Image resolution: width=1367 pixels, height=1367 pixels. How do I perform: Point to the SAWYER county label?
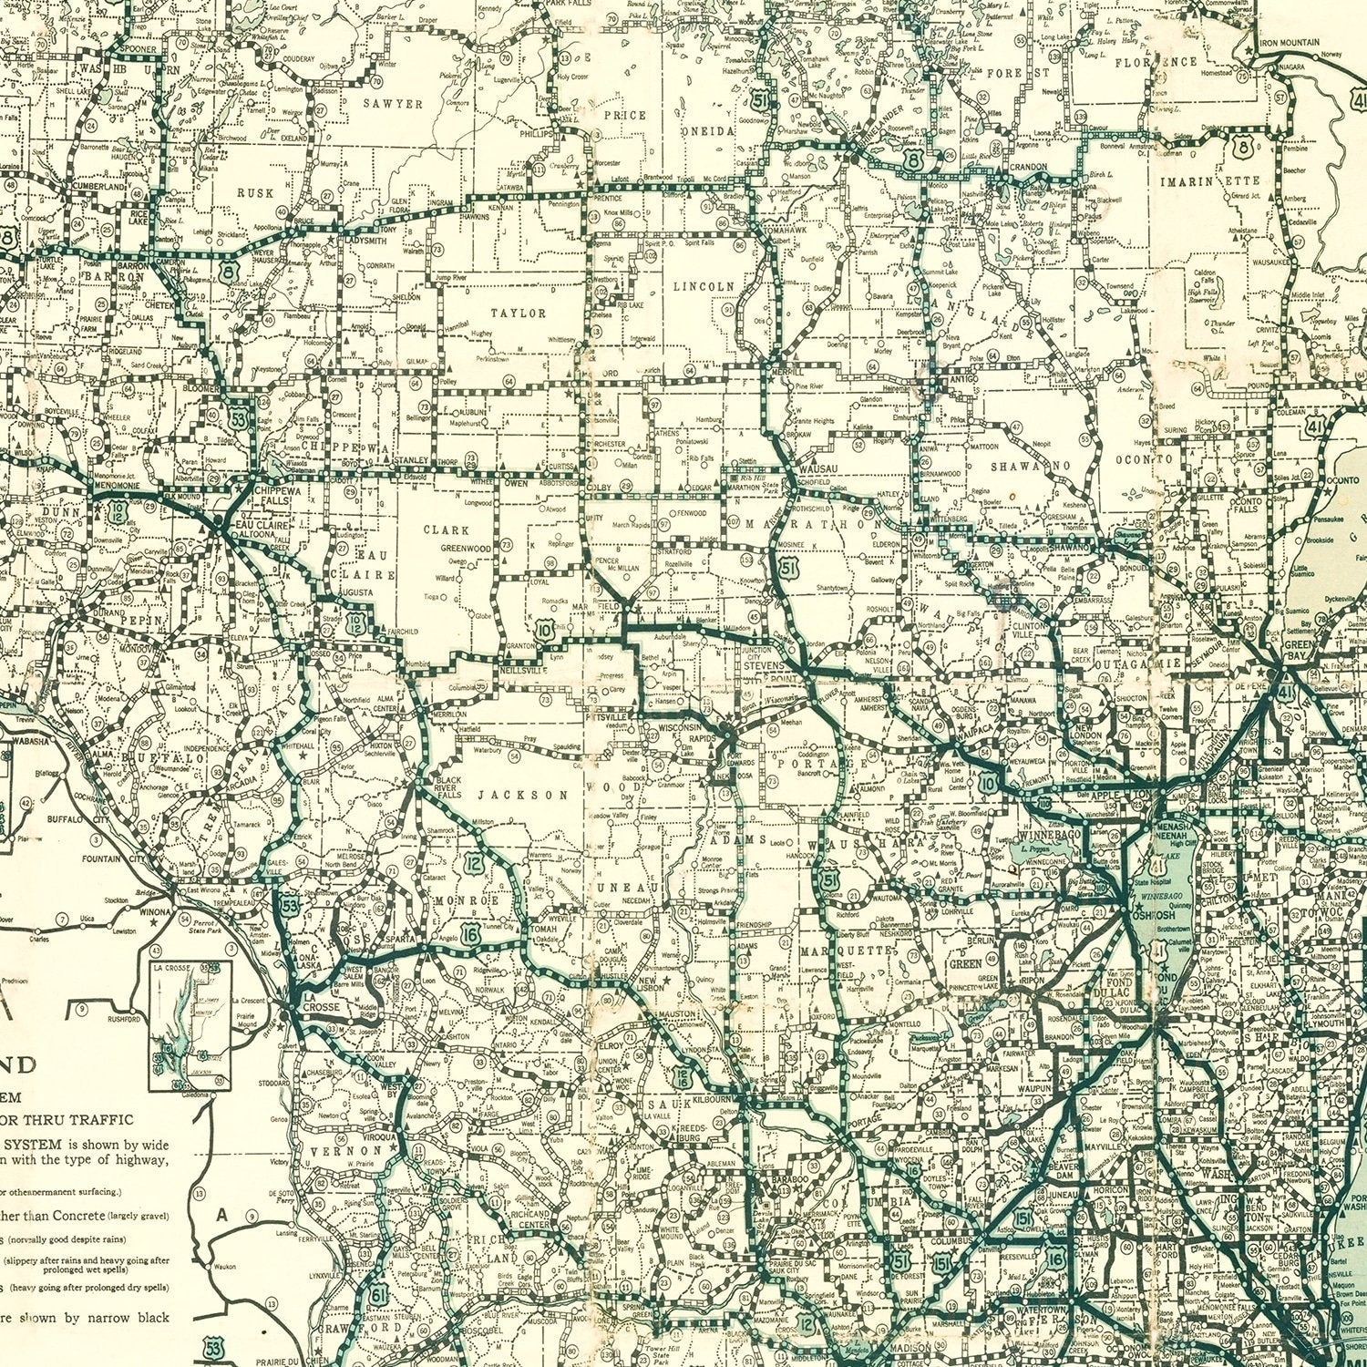(x=393, y=104)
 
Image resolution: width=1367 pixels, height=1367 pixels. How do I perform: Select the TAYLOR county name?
(x=519, y=313)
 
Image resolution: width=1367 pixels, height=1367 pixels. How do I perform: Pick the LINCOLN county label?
(x=704, y=286)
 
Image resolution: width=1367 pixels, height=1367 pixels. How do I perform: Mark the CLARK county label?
(x=447, y=529)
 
